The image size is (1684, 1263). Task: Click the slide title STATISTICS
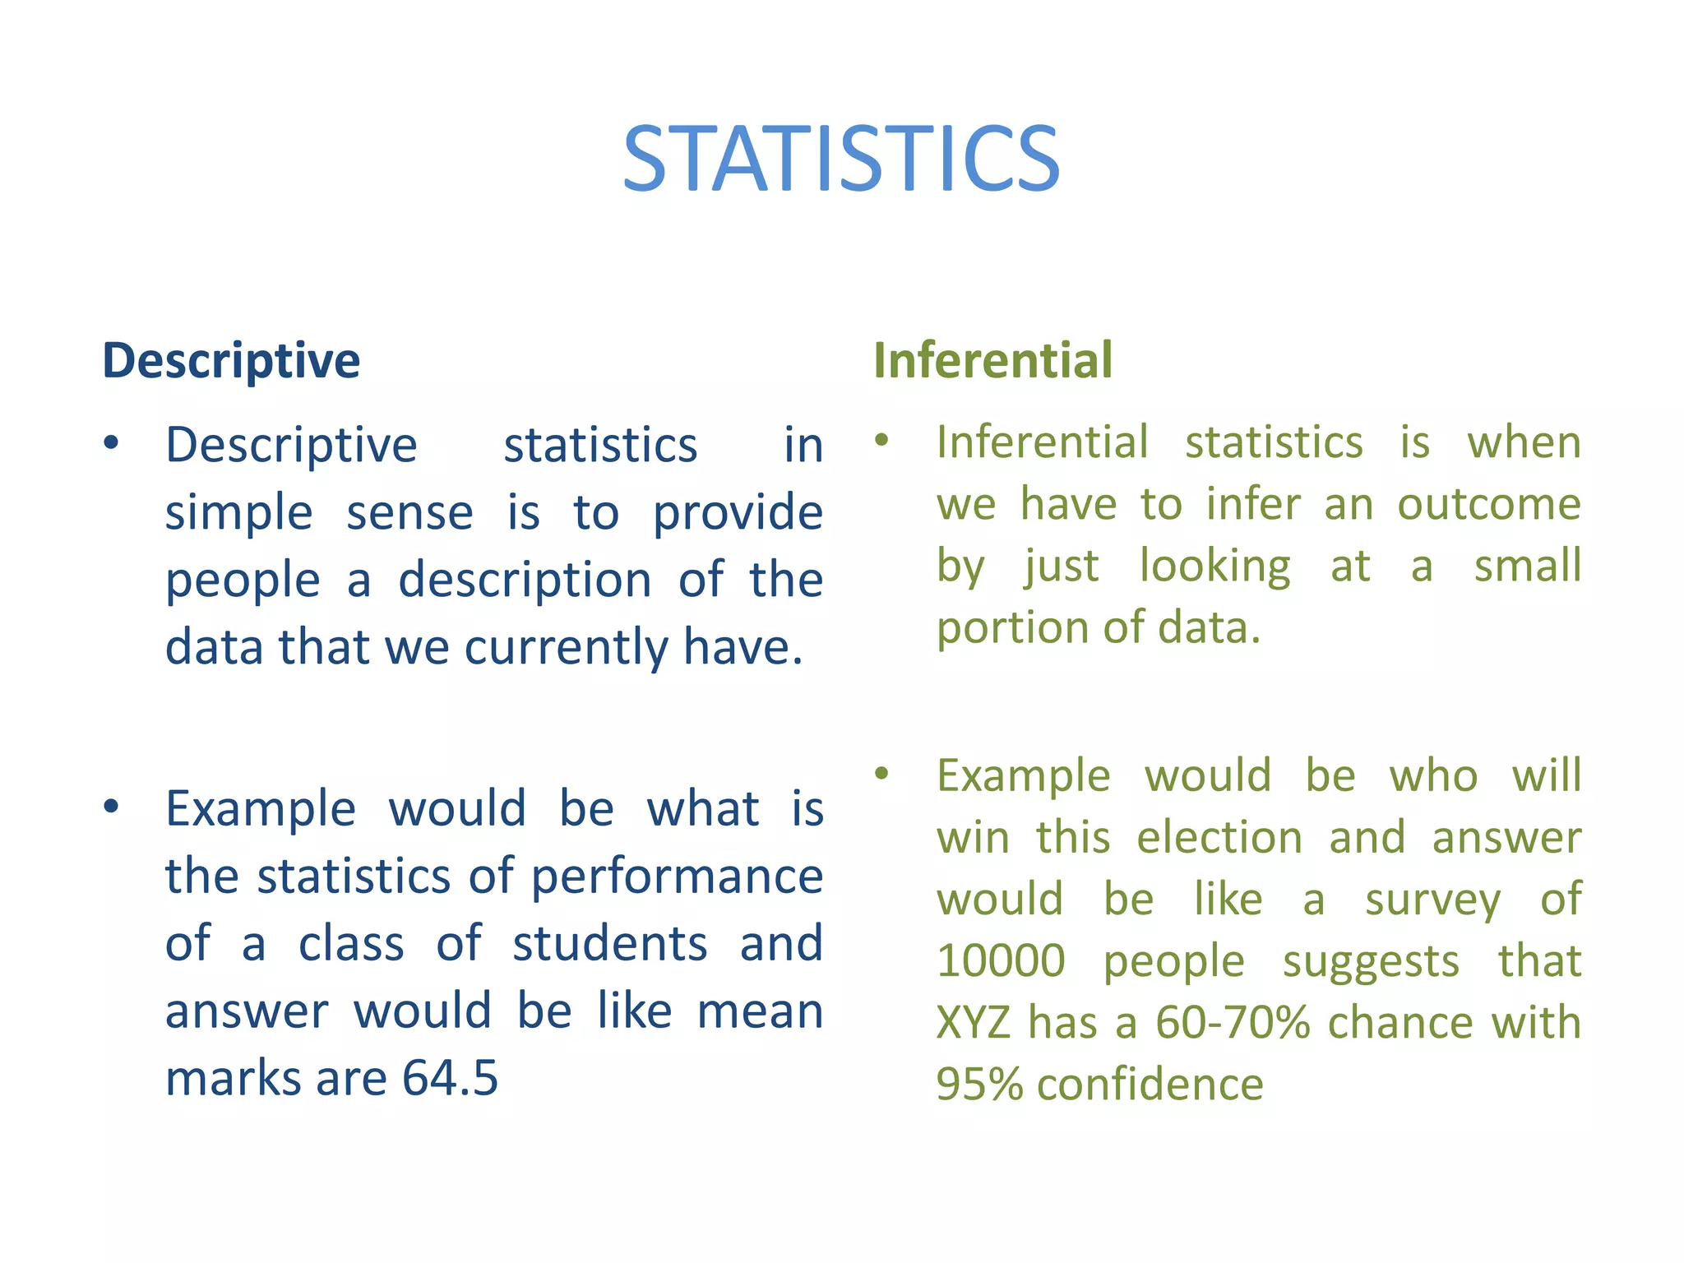pos(841,160)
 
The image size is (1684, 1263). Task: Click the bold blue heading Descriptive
pos(231,360)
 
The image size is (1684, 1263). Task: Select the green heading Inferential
pos(992,360)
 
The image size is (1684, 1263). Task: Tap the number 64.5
pos(450,1078)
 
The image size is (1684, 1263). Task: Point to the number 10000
pos(1001,960)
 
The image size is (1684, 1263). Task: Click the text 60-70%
pos(1232,1023)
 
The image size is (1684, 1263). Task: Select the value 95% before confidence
pos(978,1084)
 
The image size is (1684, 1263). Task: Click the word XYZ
pos(974,1023)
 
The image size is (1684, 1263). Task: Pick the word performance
pos(677,877)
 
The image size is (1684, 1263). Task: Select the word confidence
pos(1150,1084)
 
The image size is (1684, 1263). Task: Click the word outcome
pos(1489,504)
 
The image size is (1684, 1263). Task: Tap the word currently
pos(567,647)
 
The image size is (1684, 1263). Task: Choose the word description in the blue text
pos(525,580)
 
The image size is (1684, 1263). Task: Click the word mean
pos(760,1011)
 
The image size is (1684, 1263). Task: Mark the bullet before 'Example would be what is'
pos(111,807)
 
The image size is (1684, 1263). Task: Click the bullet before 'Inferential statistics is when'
pos(881,440)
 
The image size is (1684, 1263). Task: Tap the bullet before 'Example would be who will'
pos(881,773)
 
